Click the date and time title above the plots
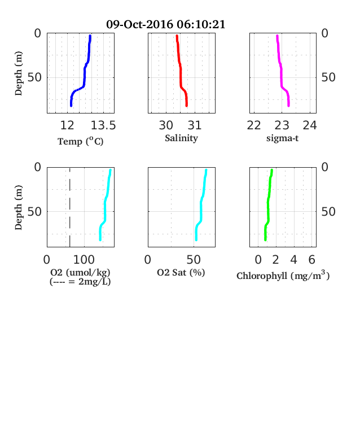coord(165,24)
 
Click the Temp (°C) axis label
coord(81,141)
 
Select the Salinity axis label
coord(182,138)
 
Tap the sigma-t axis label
coord(282,138)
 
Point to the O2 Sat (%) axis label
coord(181,273)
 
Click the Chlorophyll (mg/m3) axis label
coord(283,275)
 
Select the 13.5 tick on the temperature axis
coord(103,125)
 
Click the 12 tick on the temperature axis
coord(67,125)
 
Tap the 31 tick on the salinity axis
coord(195,125)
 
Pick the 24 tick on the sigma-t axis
coord(310,125)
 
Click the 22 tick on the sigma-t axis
coord(254,125)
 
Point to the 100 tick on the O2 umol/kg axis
coord(84,260)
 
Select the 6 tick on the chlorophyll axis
coord(312,260)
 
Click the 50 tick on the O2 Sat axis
coord(194,260)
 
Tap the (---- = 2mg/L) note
coord(80,282)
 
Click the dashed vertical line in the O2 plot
coord(70,207)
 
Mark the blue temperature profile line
coord(85,75)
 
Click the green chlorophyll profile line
coord(268,205)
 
